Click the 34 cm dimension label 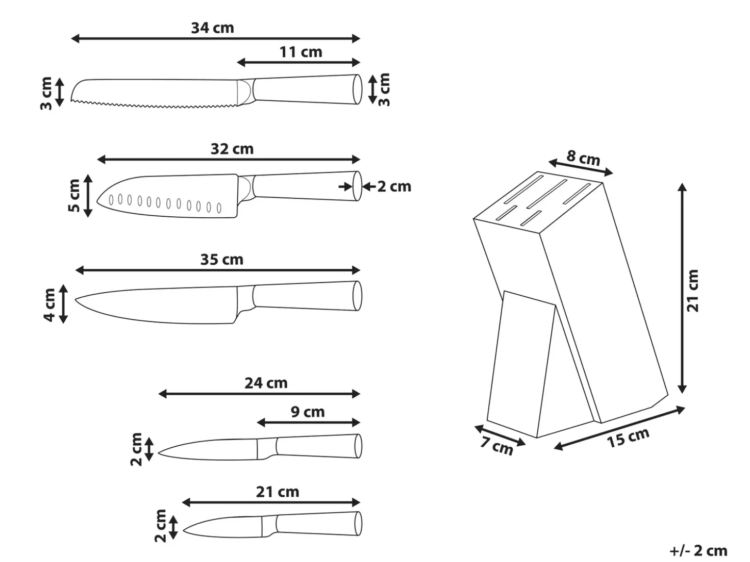pos(213,28)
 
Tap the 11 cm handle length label pos(301,52)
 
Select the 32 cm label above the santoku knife pos(232,149)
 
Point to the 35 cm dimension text pos(222,260)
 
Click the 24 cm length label pos(266,383)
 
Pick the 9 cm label pos(308,412)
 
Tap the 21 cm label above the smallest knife pos(278,492)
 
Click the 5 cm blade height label pos(74,195)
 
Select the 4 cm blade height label pos(49,305)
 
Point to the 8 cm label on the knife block pos(583,158)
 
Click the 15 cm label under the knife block pos(628,438)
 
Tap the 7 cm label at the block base pos(497,446)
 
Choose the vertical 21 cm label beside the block pos(692,291)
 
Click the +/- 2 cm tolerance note pos(698,551)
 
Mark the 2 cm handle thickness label pos(394,187)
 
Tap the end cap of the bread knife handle pos(357,89)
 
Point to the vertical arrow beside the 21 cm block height pos(682,288)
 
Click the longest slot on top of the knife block pos(547,194)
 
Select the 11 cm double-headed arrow pos(298,63)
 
